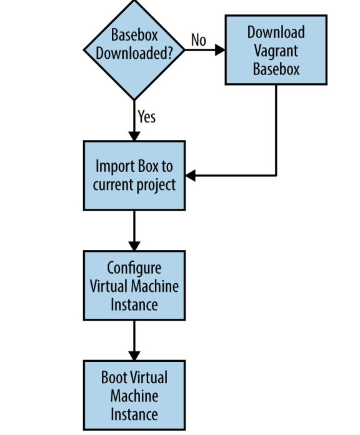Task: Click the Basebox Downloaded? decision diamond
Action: [134, 50]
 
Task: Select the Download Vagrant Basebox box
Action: [276, 50]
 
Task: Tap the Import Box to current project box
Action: [134, 176]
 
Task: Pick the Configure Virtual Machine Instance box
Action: [134, 286]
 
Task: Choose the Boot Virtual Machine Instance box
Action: [134, 396]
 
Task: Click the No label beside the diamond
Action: [199, 40]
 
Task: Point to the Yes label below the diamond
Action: [147, 116]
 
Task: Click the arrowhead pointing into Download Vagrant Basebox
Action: [220, 50]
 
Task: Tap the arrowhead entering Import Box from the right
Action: [190, 176]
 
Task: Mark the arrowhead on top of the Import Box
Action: [134, 136]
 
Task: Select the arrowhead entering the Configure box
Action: [134, 246]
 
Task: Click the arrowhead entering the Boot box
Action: [134, 356]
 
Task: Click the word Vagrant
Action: [276, 51]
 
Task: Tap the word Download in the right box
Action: [276, 32]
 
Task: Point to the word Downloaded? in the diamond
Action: [134, 52]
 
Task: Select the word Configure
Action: [134, 269]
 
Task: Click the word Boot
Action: [114, 377]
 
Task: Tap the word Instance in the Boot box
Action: [134, 414]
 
